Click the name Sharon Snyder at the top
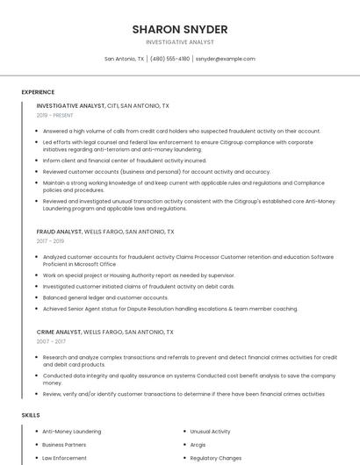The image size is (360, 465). coord(180,29)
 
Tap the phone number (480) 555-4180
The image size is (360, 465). coord(169,59)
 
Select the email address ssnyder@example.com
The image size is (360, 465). coord(225,59)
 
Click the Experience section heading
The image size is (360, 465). coord(38,92)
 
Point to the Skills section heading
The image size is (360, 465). coord(31,414)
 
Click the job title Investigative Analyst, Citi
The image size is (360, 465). coord(103,105)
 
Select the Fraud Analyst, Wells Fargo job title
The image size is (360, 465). coord(105,232)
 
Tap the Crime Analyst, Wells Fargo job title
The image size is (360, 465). coord(104,333)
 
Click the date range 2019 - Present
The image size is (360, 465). coord(56,115)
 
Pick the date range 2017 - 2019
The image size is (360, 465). coord(50,241)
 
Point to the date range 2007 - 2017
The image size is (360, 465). coord(50,341)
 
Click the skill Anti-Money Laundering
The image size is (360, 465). coord(71,432)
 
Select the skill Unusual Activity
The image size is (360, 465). coord(210,432)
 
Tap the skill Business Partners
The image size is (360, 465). coord(64,445)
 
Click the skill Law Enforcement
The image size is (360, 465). coord(64,458)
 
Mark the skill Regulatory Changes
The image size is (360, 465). coord(215,458)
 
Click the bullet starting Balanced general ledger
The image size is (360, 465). coord(105,297)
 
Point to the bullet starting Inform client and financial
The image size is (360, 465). coord(124,161)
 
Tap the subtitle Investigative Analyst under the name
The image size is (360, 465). coord(180,42)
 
